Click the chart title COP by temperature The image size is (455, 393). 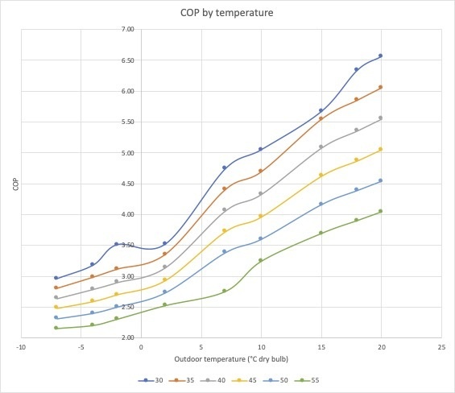click(226, 13)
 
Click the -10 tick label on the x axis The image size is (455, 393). click(21, 347)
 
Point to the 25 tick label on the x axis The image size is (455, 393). click(441, 347)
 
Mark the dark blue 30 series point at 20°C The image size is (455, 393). click(380, 56)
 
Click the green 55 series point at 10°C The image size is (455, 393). click(261, 260)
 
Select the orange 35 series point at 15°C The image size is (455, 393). click(321, 118)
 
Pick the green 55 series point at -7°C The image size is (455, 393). click(56, 328)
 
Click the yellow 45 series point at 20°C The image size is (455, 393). click(380, 149)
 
